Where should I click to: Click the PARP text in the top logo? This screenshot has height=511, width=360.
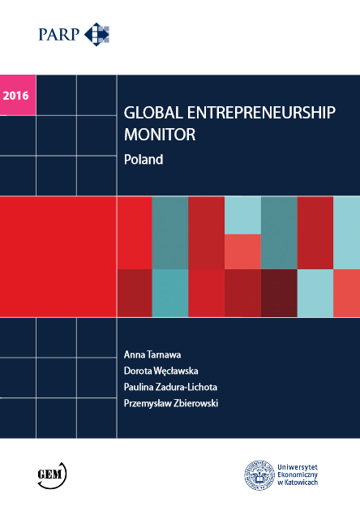tap(61, 35)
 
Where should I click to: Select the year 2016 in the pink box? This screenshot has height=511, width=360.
tap(16, 96)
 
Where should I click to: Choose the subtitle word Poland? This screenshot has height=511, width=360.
tap(144, 160)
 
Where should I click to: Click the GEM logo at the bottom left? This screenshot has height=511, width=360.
tap(52, 474)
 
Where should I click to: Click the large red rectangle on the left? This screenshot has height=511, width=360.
tap(58, 255)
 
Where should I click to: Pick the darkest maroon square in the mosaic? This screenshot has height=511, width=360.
tap(279, 292)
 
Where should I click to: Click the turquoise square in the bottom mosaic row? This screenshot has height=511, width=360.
tap(170, 292)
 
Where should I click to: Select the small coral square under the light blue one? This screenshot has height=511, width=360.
tap(242, 251)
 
